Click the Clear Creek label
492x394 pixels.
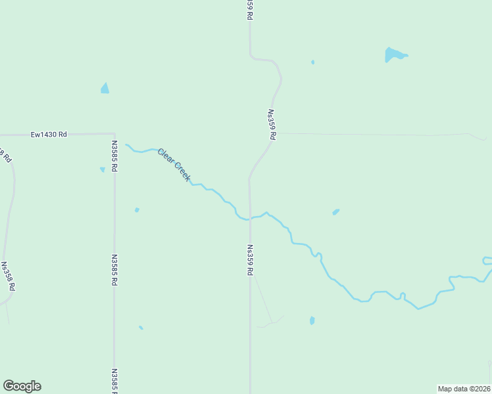[174, 165]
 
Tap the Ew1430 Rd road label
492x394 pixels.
[49, 135]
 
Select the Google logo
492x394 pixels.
[22, 386]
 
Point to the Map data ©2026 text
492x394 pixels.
[464, 389]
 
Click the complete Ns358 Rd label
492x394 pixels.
[8, 276]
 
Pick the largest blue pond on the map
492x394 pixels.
[395, 55]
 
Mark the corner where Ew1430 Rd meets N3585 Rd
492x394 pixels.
[114, 133]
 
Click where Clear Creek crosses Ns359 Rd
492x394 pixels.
[249, 219]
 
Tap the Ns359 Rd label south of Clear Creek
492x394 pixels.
[250, 260]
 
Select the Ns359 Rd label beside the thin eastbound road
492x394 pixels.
[271, 124]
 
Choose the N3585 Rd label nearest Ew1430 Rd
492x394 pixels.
[114, 157]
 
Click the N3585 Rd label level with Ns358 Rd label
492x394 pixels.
[114, 270]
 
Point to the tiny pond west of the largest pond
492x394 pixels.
[312, 62]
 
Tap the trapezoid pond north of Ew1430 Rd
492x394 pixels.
[105, 88]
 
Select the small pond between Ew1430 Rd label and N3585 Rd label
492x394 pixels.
[102, 169]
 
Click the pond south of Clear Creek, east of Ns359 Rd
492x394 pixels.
[312, 320]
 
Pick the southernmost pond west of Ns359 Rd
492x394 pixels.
[141, 327]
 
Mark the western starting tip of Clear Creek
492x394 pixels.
[126, 144]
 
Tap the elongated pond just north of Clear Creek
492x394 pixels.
[335, 211]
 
